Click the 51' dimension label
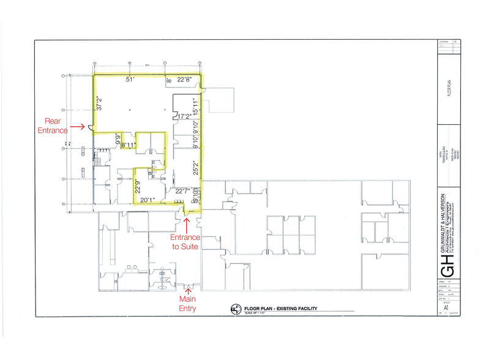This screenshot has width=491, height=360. pyautogui.click(x=129, y=80)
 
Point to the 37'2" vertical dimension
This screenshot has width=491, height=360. pyautogui.click(x=98, y=102)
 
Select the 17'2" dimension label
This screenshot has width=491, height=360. pyautogui.click(x=184, y=116)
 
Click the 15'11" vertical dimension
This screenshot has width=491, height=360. pyautogui.click(x=196, y=108)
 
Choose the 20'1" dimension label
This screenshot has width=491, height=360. pyautogui.click(x=147, y=199)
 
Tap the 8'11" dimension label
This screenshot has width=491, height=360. pyautogui.click(x=129, y=145)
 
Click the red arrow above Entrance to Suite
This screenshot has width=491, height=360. pyautogui.click(x=186, y=223)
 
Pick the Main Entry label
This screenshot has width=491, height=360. pyautogui.click(x=187, y=303)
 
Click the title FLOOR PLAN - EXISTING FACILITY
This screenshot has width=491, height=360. pyautogui.click(x=280, y=308)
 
